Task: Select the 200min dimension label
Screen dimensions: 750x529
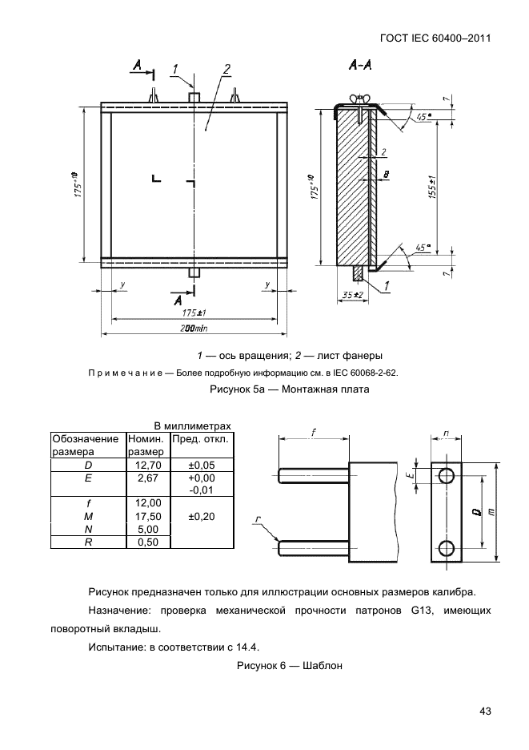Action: pos(193,329)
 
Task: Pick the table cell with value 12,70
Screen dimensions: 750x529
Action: pos(145,464)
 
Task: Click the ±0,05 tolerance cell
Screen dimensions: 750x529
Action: pos(200,464)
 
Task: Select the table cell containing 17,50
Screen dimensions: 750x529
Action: pos(145,516)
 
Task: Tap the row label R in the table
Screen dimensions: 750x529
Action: pos(88,542)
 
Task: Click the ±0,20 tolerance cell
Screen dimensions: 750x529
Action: pos(200,516)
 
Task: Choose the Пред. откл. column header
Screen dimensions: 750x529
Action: pos(200,439)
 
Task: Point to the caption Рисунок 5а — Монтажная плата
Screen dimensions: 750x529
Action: pos(292,390)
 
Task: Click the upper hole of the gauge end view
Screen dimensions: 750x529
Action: pos(447,476)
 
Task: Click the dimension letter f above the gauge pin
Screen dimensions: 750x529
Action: pos(314,431)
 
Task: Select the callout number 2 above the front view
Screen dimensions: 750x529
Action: pos(227,68)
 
